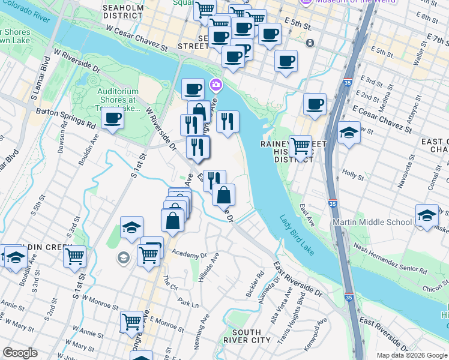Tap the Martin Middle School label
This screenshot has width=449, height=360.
coord(372,222)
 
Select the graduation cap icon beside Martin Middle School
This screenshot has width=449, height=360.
coord(426,215)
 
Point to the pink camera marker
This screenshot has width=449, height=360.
coord(215,86)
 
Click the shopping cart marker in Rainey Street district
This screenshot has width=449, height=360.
coord(300,146)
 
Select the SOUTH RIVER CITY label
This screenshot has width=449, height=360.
coord(246,337)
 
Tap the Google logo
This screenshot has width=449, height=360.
coord(20,353)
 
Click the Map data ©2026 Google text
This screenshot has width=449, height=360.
coord(411,355)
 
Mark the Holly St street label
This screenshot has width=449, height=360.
coord(349,173)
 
